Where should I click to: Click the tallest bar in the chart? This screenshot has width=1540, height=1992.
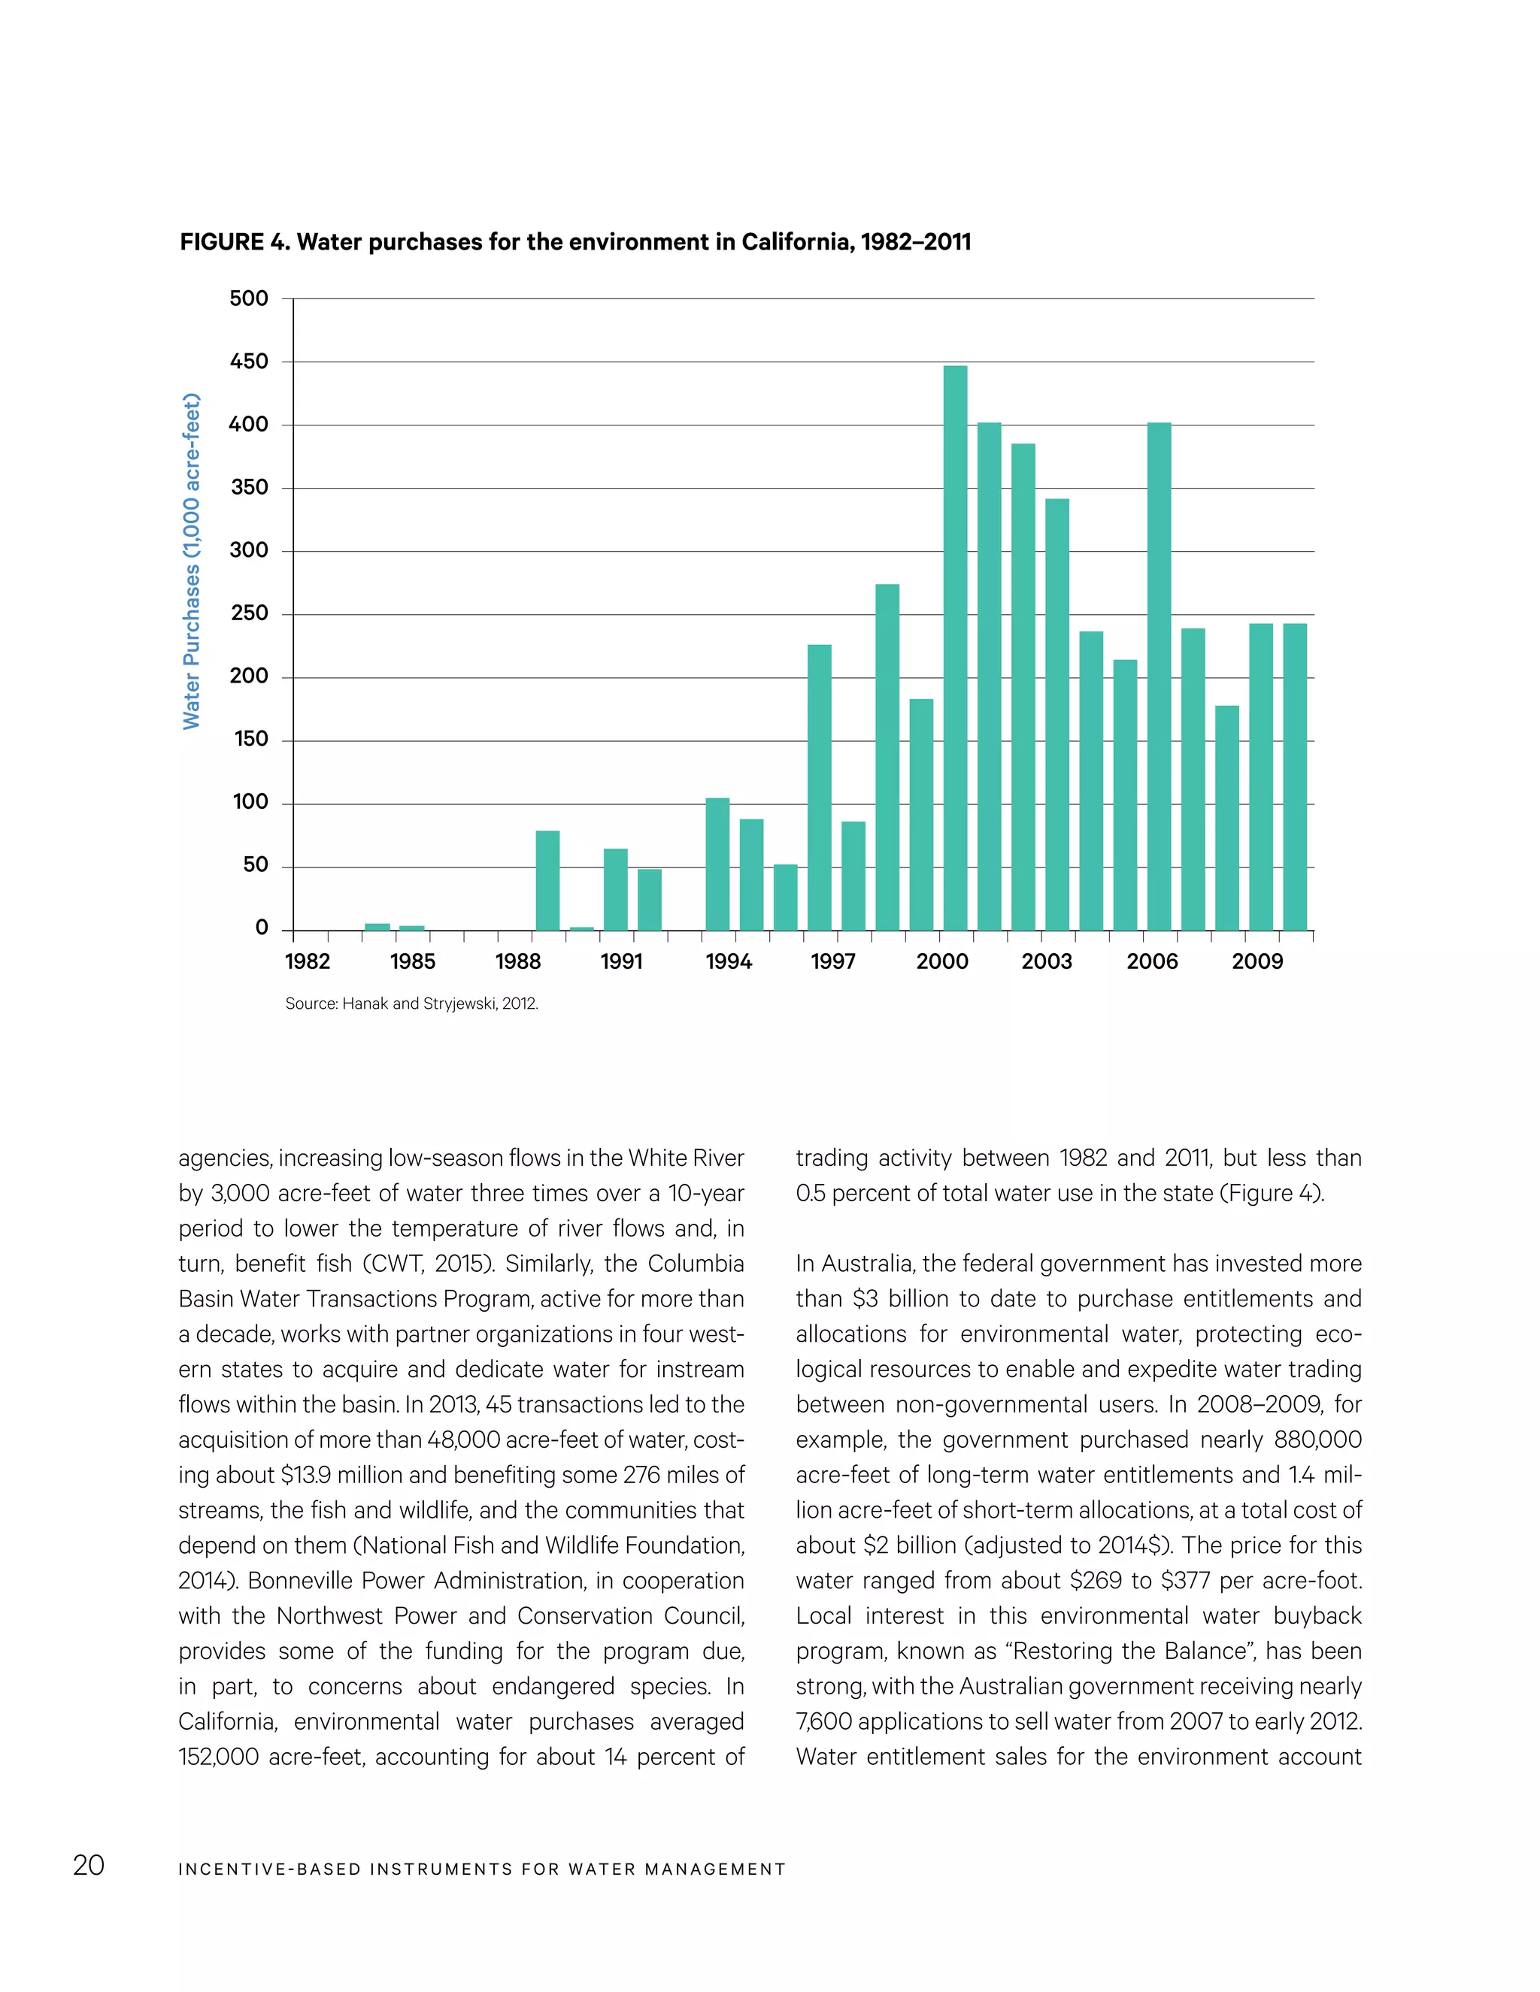click(x=954, y=647)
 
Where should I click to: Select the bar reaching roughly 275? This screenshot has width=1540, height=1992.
click(x=887, y=757)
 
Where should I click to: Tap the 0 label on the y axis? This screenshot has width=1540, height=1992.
click(x=262, y=928)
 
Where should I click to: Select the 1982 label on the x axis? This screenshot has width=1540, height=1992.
click(x=308, y=961)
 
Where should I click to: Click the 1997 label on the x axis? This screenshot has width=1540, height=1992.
click(x=833, y=961)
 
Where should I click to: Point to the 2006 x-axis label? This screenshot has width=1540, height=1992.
click(x=1151, y=961)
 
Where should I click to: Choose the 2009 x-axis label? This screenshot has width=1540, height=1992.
click(x=1257, y=961)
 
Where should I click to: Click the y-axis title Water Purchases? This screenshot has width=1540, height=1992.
click(x=191, y=561)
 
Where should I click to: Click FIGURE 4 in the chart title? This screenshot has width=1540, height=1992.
click(x=234, y=242)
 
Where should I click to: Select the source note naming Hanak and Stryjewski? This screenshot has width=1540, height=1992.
click(x=411, y=1004)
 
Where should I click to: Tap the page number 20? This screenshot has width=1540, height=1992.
click(x=89, y=1864)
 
